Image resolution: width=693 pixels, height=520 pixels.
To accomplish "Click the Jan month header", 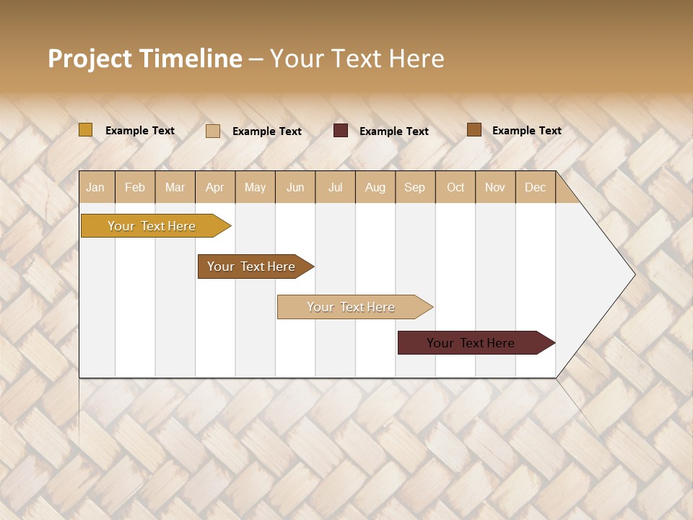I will (96, 187).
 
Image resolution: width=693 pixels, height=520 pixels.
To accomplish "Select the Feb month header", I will (135, 187).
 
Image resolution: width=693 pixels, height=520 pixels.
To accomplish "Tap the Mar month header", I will (175, 187).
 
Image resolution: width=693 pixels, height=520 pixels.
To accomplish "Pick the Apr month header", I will (215, 187).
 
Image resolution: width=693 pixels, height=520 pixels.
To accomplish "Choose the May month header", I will (255, 187).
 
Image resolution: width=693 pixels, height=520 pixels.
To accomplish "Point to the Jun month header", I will (295, 187).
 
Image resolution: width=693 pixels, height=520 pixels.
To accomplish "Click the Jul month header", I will (335, 187).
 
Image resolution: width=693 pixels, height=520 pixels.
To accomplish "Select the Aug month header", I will (375, 187).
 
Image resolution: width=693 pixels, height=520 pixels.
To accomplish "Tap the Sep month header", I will (415, 187).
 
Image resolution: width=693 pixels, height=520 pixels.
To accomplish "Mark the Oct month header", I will (456, 187).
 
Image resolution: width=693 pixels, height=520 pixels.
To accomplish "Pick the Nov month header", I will (495, 187).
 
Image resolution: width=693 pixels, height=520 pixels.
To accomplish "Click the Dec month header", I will (535, 187).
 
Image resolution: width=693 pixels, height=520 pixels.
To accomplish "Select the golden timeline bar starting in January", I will (152, 226).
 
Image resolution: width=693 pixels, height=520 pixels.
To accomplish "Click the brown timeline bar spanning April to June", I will (252, 266).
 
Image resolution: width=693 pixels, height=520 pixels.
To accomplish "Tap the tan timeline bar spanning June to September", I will (352, 307).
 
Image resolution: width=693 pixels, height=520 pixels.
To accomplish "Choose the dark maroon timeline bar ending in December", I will (471, 343).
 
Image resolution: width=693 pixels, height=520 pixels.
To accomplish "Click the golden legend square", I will (86, 130).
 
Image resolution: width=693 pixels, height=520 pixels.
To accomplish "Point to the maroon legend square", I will (341, 131).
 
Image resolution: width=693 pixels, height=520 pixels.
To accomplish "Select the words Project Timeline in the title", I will (145, 58).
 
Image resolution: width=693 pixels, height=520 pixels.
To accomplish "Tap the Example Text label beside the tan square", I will (266, 131).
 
